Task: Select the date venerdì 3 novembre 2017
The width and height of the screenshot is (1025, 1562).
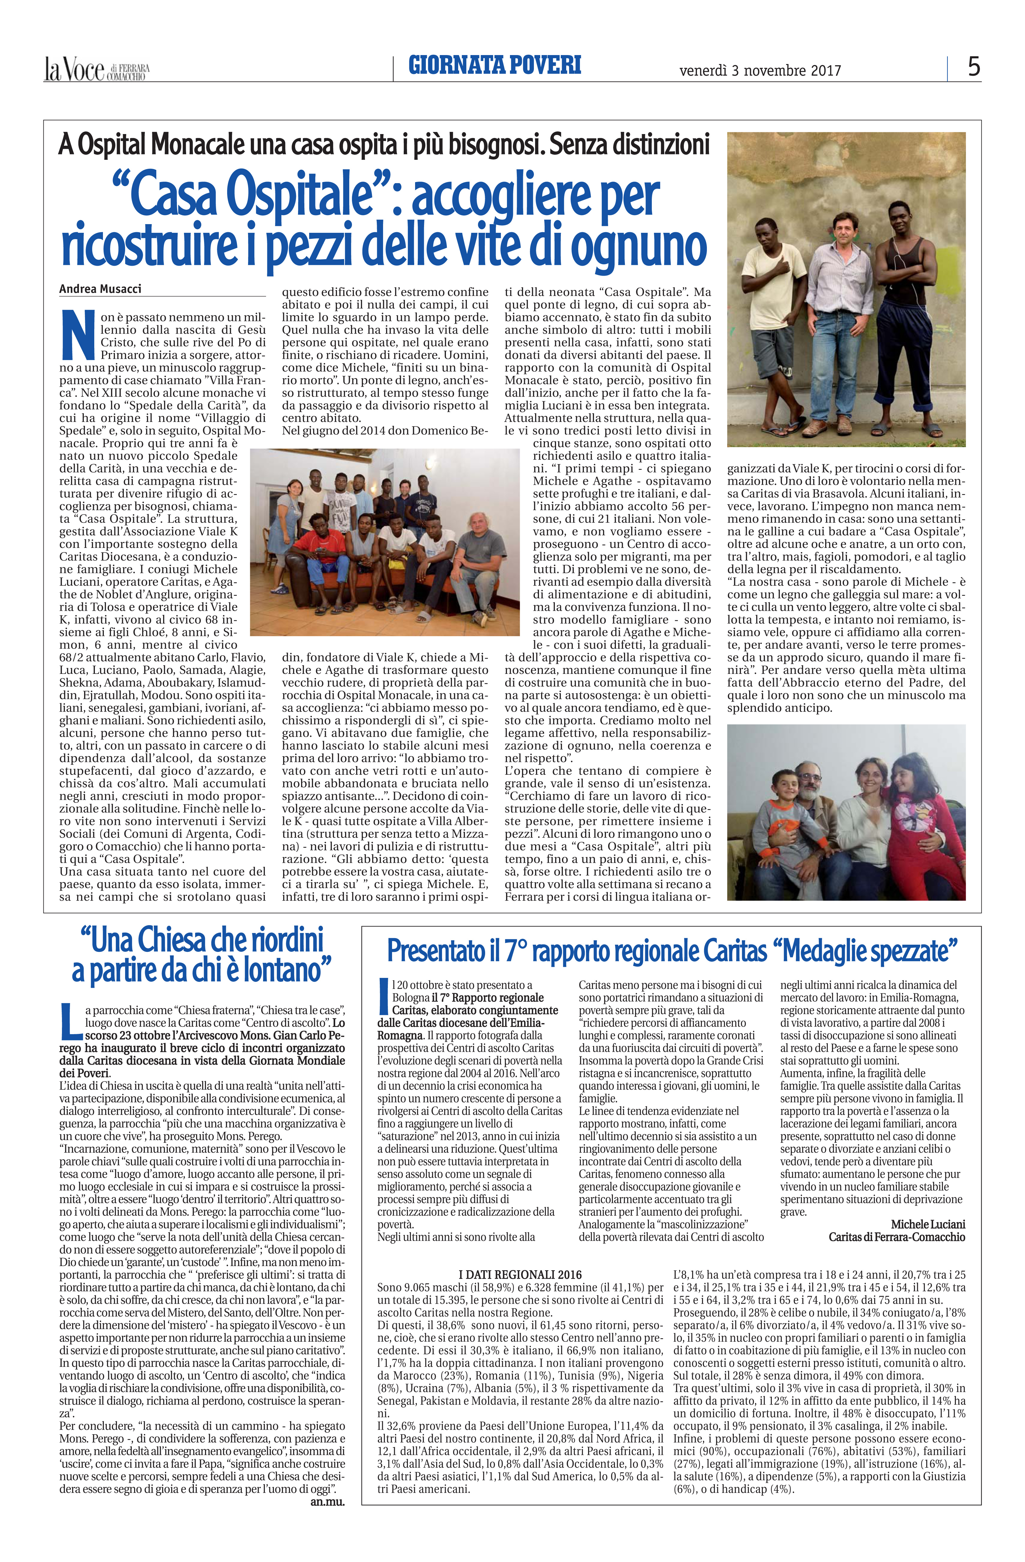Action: tap(760, 70)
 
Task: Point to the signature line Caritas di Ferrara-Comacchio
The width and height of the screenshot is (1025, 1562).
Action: tap(897, 1236)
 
